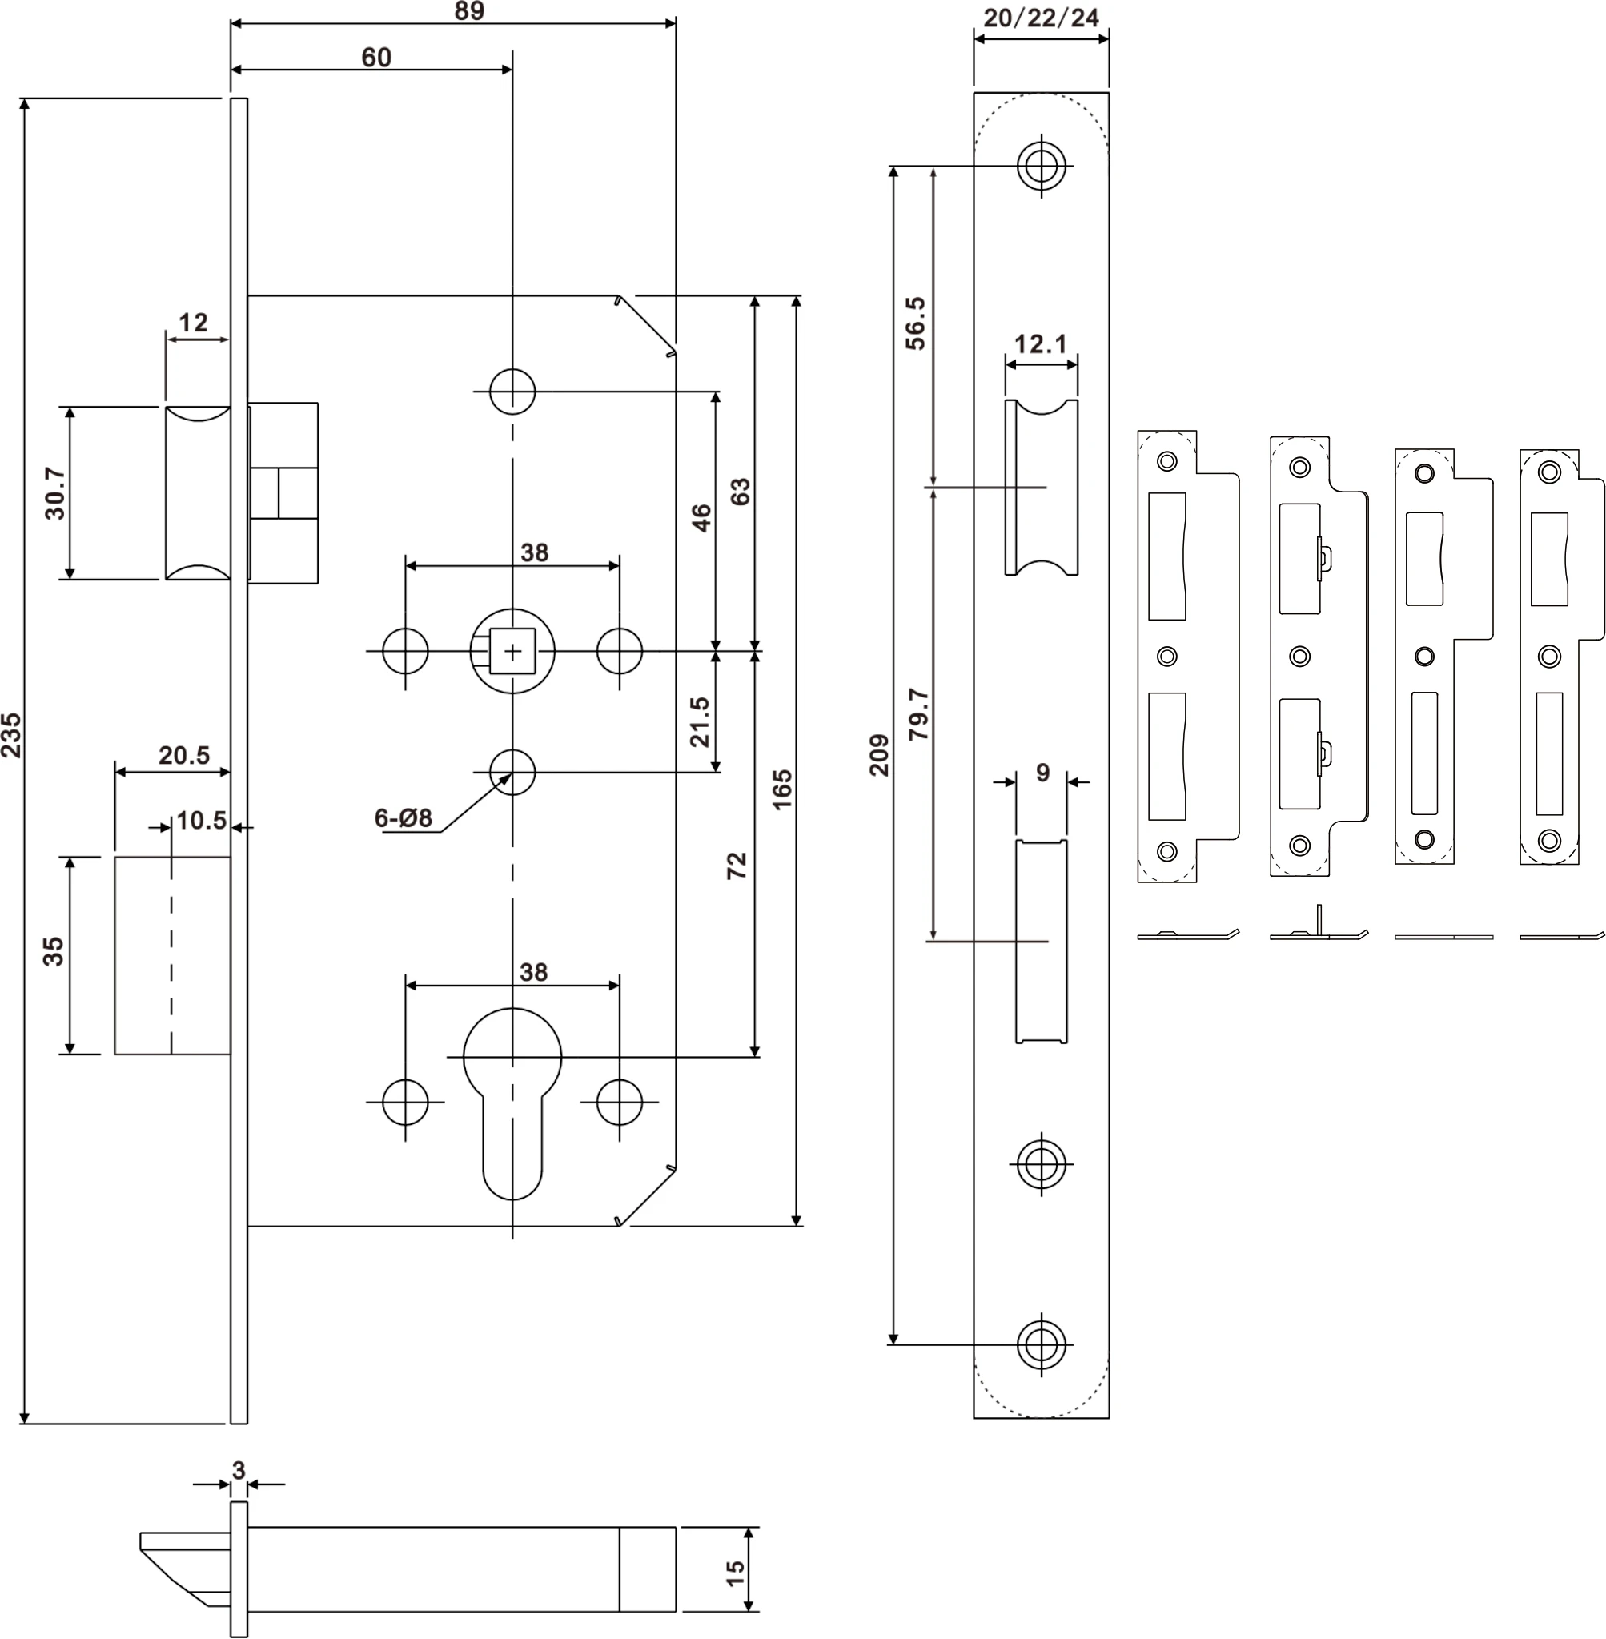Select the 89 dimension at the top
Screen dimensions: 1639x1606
point(469,12)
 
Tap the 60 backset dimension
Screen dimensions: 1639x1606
point(376,58)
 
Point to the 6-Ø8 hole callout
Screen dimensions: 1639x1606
point(404,817)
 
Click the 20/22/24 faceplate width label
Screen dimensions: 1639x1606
point(1041,18)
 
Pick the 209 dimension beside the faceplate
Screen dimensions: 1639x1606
point(879,755)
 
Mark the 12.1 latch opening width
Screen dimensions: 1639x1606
point(1040,344)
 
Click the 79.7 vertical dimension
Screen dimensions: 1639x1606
point(918,714)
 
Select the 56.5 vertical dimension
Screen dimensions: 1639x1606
point(916,323)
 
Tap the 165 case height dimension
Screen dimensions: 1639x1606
point(782,789)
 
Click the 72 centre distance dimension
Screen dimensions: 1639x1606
point(737,866)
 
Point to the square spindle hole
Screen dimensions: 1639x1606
point(512,651)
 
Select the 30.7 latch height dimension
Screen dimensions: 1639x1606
point(54,493)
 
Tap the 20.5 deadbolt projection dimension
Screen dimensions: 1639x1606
point(184,755)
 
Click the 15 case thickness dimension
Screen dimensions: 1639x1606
point(735,1573)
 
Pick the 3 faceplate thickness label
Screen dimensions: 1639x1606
point(239,1470)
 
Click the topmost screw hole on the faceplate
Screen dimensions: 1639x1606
point(1041,165)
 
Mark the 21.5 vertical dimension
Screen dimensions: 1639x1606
point(700,721)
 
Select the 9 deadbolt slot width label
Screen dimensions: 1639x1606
point(1042,772)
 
